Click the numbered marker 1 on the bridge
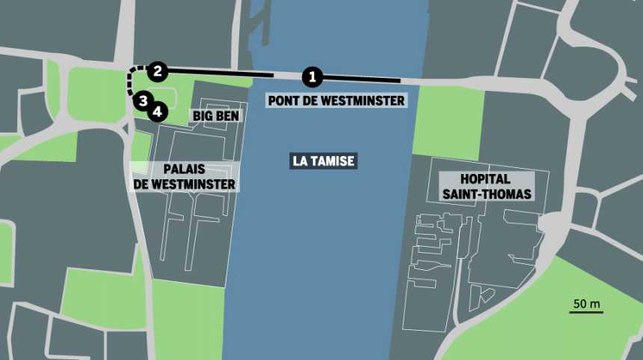click(313, 75)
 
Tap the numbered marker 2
click(157, 71)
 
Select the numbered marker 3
click(143, 100)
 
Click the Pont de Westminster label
click(336, 101)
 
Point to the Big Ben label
click(214, 116)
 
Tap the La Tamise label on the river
click(324, 160)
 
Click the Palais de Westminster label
click(184, 176)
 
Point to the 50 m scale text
click(587, 303)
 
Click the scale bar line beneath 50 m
click(585, 314)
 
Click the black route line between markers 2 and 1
click(220, 73)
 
